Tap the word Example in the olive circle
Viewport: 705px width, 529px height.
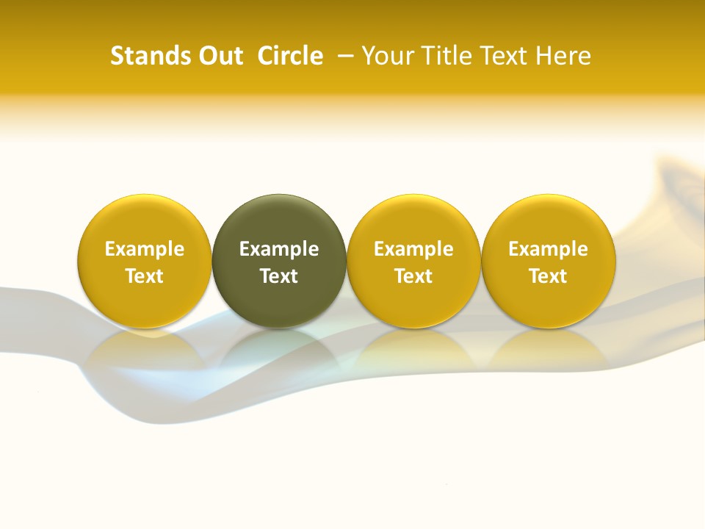coord(279,249)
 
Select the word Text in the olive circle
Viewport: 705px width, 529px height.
coord(279,276)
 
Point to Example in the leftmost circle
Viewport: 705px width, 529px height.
coord(145,249)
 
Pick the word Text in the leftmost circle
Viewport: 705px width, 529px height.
coord(145,276)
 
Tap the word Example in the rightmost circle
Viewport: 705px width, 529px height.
coord(549,249)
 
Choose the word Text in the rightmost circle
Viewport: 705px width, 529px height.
coord(549,276)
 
